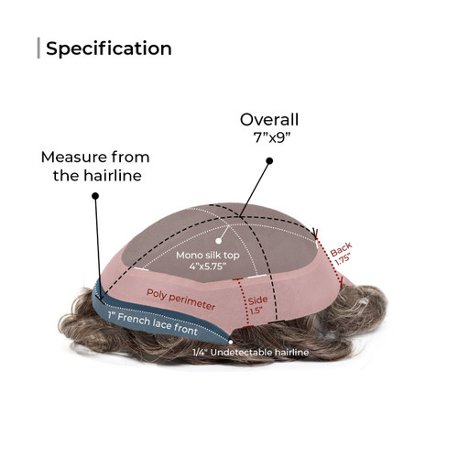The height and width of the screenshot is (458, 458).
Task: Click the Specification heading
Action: (109, 49)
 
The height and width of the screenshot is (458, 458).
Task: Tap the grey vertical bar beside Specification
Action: (38, 48)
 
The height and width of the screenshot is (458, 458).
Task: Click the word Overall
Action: (269, 120)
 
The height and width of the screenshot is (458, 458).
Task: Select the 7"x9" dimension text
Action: (271, 137)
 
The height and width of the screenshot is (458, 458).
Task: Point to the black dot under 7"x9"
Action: (269, 161)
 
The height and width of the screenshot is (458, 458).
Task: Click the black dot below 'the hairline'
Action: (95, 196)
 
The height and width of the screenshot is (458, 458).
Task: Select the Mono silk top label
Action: (208, 256)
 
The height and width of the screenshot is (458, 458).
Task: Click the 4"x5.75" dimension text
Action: (208, 267)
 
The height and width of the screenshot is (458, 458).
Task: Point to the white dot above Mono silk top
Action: (218, 241)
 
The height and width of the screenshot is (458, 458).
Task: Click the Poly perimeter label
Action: (180, 300)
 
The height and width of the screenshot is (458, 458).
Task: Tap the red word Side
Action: (257, 300)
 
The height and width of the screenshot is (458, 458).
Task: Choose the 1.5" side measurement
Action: (256, 311)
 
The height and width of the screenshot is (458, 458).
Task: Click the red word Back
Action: (341, 249)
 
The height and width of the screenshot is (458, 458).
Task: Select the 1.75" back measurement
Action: (343, 260)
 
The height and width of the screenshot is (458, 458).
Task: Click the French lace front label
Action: (153, 323)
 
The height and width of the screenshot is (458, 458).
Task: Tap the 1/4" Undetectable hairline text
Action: (250, 353)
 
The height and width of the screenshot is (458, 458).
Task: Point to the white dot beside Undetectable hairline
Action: (231, 343)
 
